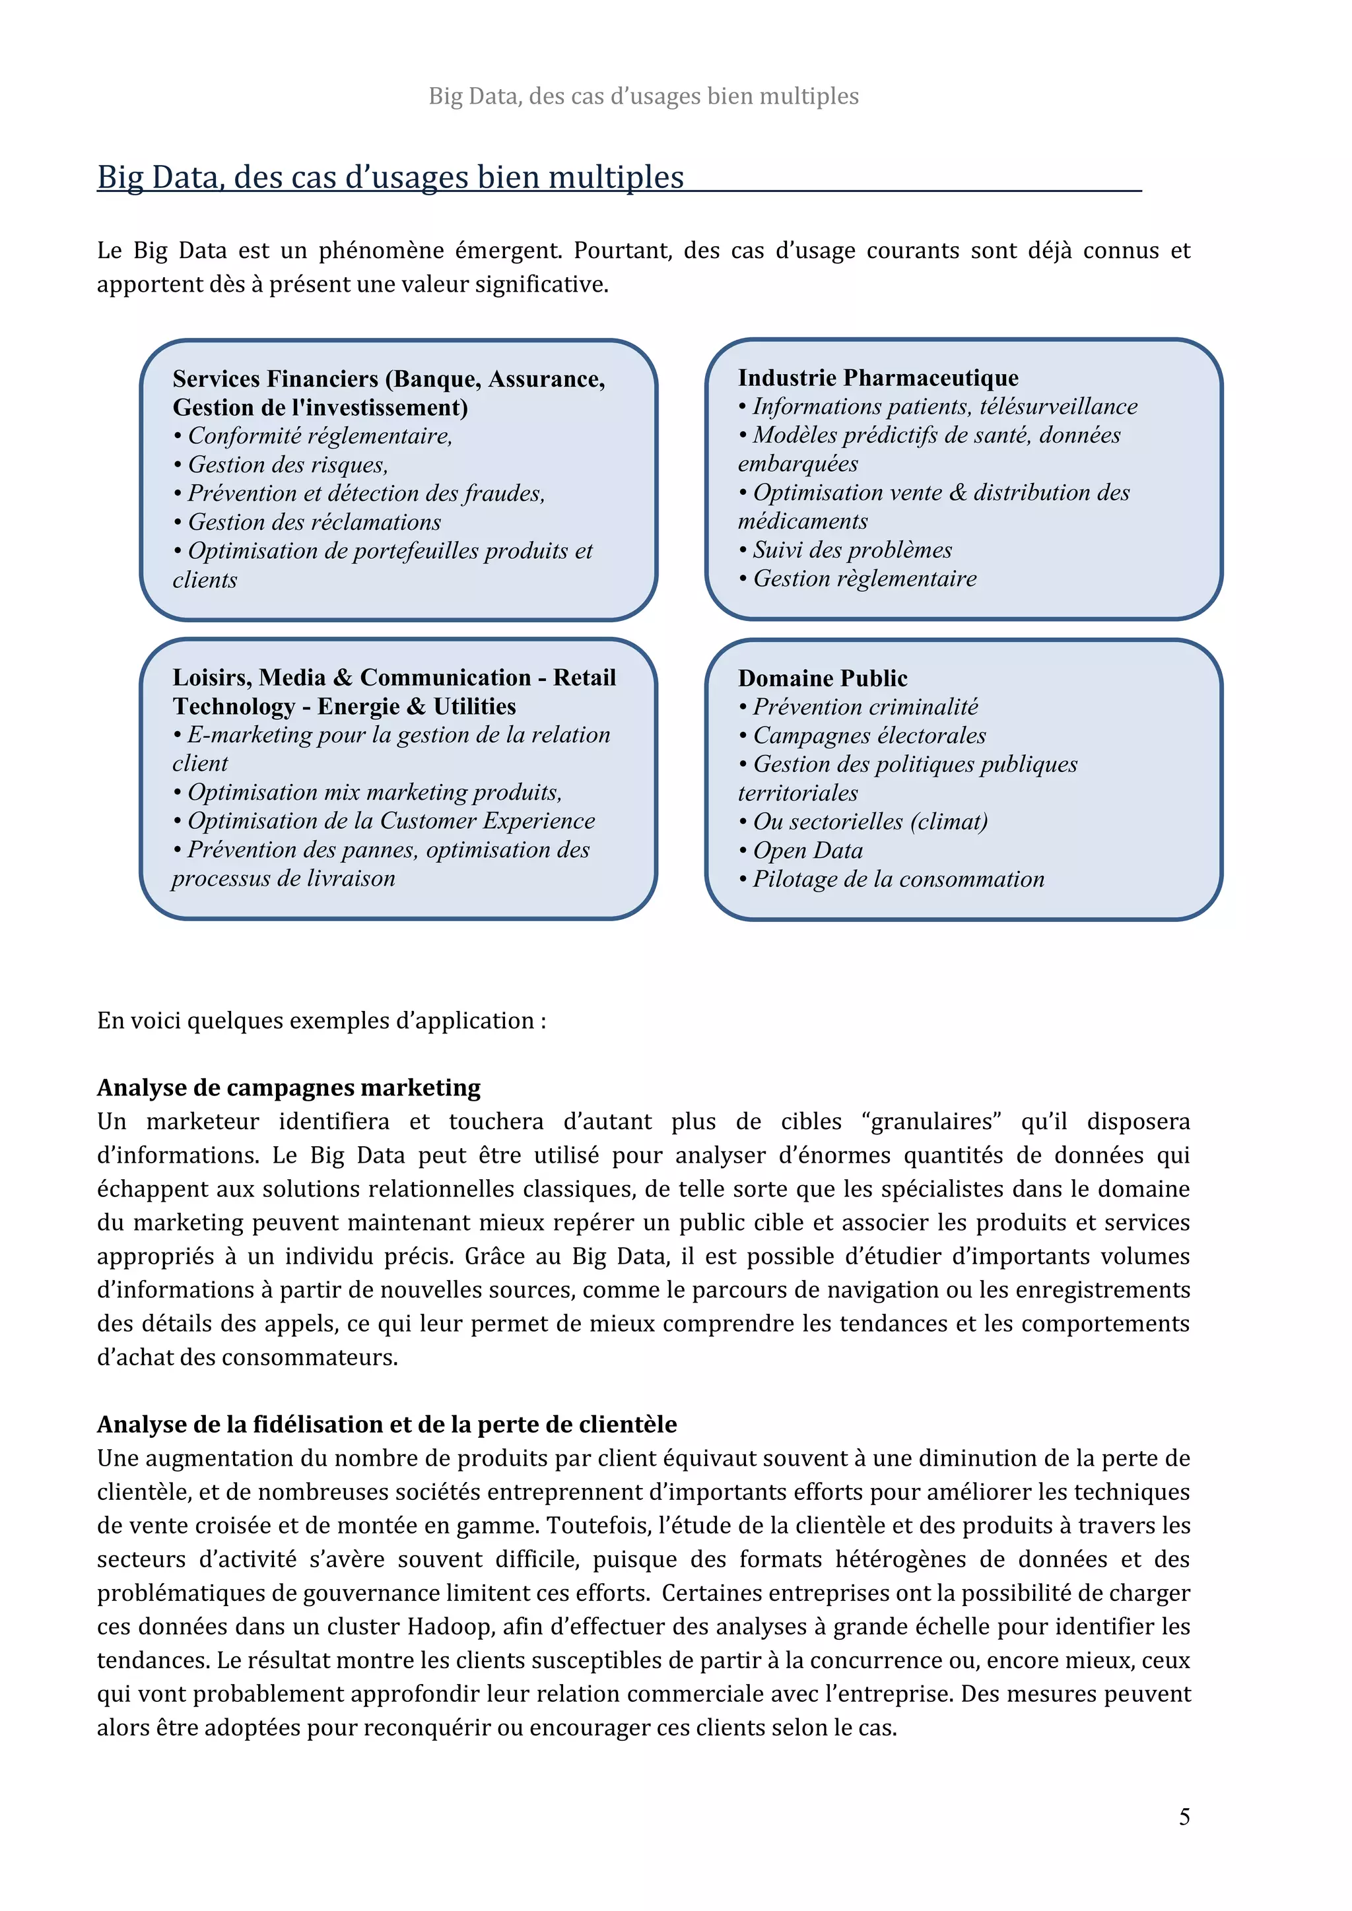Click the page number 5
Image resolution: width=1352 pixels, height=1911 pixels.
1183,1816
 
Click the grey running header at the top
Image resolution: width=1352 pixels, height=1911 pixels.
643,96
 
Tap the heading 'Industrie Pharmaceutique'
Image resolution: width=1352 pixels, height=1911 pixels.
877,378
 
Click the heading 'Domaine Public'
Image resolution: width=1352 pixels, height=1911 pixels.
822,678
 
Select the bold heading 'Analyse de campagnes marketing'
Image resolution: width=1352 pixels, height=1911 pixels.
289,1088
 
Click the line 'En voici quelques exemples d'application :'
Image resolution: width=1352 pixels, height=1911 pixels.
321,1020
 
